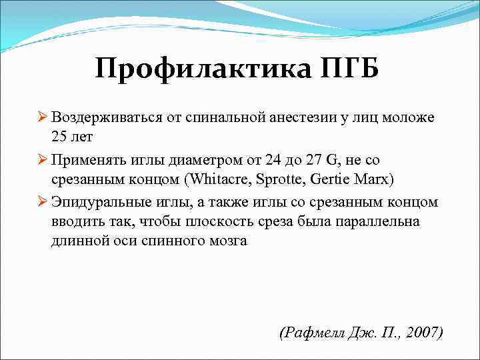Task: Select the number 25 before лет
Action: (x=59, y=138)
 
